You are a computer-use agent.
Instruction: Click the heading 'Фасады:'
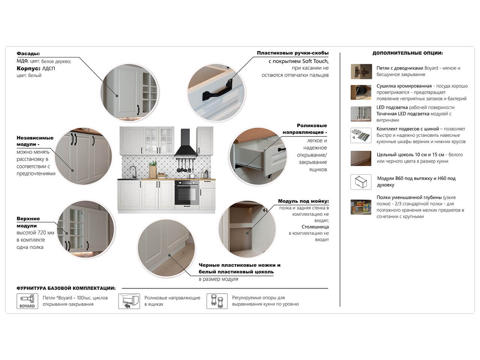(28, 54)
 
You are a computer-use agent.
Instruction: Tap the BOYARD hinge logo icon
(27, 301)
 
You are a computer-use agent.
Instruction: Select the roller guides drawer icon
(129, 301)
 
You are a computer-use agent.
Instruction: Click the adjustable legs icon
(217, 301)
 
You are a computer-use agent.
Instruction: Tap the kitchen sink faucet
(133, 172)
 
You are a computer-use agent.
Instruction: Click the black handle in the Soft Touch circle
(217, 90)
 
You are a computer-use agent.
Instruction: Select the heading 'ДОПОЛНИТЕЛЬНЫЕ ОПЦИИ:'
(408, 53)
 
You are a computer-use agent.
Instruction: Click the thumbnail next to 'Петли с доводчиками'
(361, 72)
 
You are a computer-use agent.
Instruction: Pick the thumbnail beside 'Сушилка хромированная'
(361, 93)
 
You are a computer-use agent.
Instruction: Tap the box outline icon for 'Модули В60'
(361, 182)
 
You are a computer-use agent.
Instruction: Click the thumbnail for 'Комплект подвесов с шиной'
(361, 135)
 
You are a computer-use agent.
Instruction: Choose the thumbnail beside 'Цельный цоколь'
(361, 158)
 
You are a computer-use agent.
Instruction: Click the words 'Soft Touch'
(315, 61)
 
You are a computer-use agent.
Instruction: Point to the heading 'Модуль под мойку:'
(303, 201)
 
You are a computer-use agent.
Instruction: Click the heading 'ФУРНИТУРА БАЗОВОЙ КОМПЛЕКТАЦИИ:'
(66, 288)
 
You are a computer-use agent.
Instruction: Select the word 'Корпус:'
(28, 68)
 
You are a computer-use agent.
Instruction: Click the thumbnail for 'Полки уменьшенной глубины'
(361, 207)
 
